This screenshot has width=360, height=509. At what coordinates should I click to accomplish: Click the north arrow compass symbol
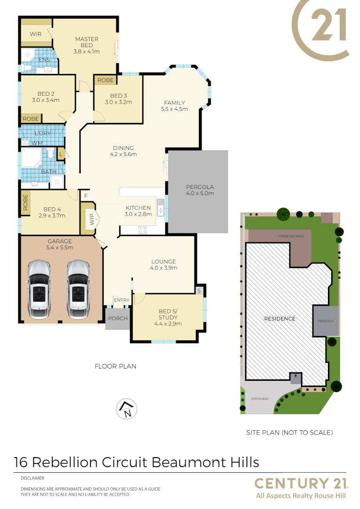[x=126, y=409]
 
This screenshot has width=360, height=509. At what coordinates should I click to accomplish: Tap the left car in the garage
[x=39, y=289]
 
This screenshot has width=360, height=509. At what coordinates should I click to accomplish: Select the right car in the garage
[x=78, y=289]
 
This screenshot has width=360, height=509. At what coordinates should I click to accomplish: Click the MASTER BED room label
[x=87, y=42]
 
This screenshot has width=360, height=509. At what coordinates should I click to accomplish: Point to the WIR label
[x=36, y=34]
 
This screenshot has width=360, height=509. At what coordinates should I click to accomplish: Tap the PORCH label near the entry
[x=118, y=318]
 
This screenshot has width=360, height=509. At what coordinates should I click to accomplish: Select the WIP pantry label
[x=90, y=219]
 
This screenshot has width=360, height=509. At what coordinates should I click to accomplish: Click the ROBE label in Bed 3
[x=106, y=80]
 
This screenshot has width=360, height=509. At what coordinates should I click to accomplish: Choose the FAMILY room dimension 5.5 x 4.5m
[x=174, y=109]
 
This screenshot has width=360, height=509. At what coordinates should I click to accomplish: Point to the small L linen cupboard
[x=61, y=154]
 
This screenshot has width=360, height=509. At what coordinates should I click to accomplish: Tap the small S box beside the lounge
[x=199, y=290]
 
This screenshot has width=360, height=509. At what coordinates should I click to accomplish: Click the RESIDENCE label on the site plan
[x=279, y=319]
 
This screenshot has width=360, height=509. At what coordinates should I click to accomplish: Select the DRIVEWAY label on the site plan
[x=260, y=399]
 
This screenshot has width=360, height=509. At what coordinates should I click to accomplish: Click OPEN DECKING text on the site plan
[x=291, y=236]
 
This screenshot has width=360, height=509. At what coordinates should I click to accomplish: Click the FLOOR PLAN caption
[x=115, y=366]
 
